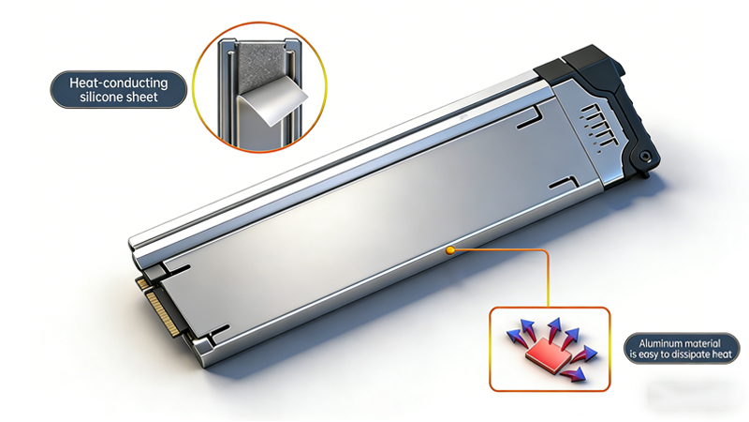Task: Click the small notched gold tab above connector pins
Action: (142, 281)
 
